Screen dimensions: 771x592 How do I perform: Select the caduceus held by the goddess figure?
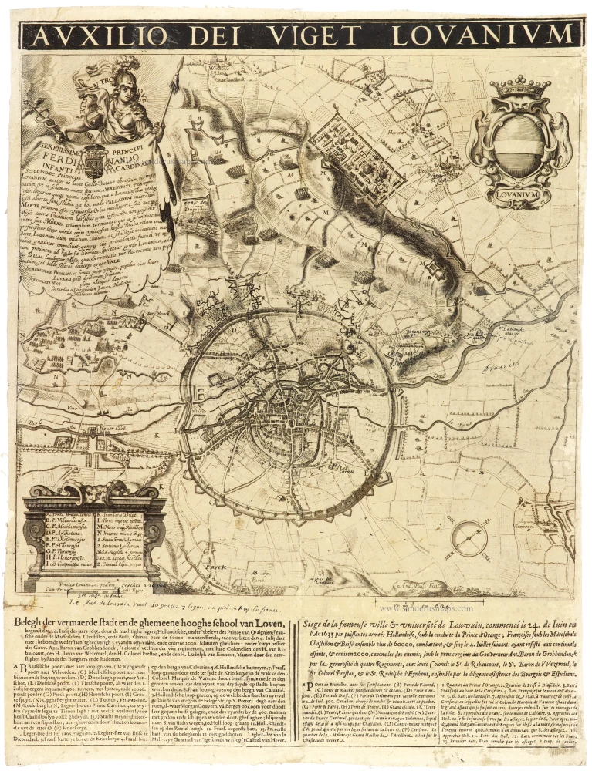pyautogui.click(x=42, y=113)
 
